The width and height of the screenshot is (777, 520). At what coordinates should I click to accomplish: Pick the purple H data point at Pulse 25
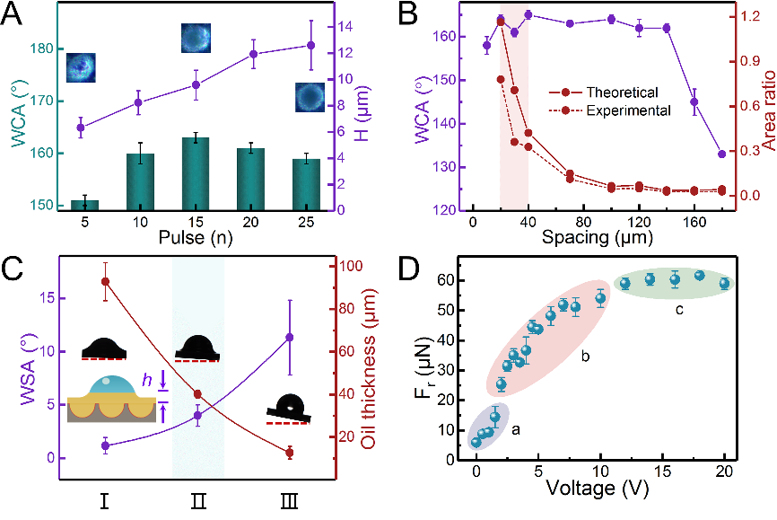point(311,45)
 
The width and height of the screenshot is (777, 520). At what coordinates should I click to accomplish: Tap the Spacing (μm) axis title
point(589,239)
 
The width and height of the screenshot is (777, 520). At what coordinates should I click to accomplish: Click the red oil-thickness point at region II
point(197,394)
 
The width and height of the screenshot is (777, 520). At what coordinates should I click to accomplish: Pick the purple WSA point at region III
point(289,337)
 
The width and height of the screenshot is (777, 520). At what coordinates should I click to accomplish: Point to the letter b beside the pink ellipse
point(584,357)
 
